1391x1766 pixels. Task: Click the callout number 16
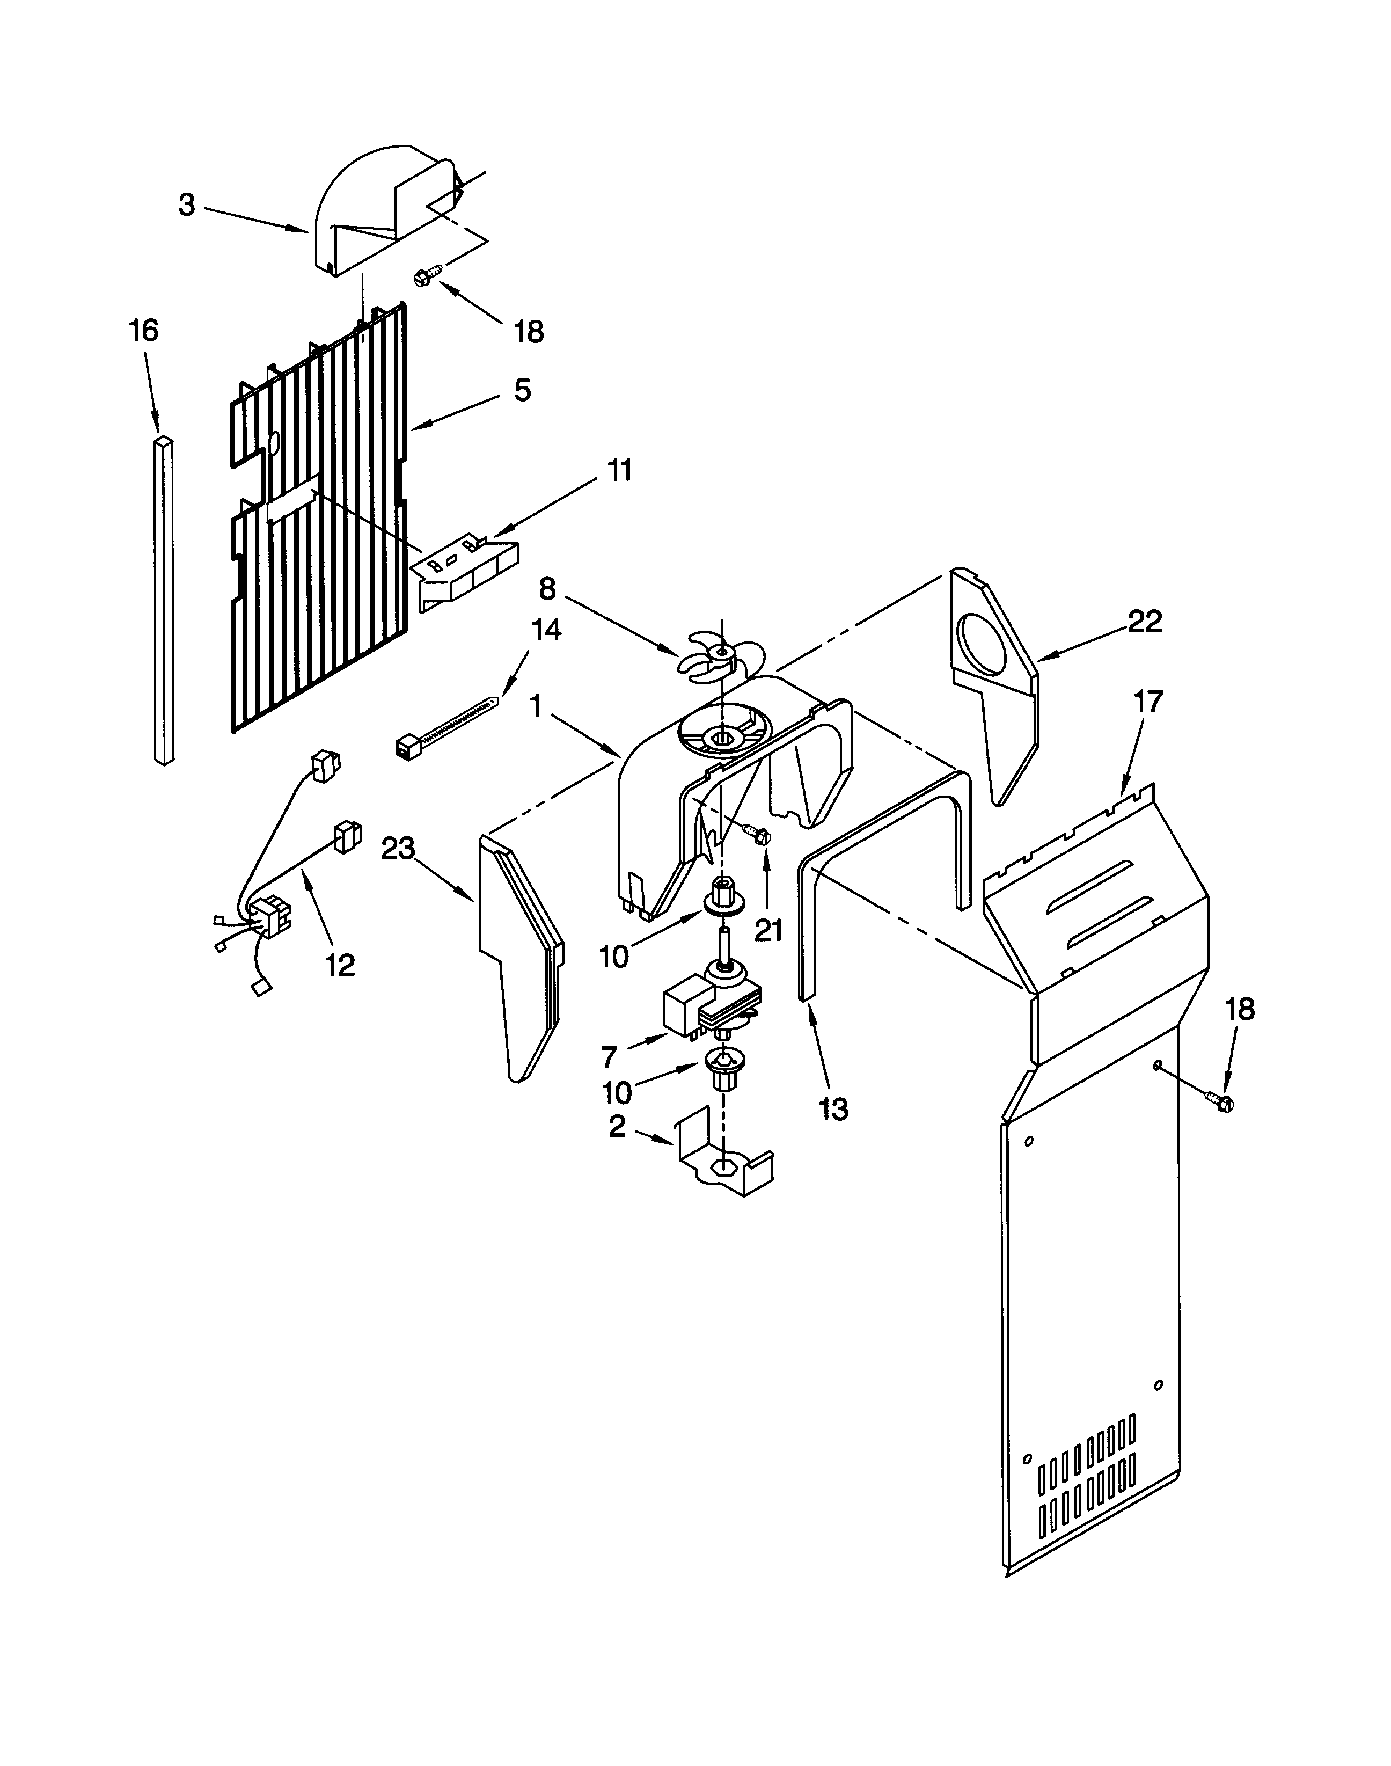(143, 331)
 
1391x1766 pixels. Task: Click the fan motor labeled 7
(702, 1004)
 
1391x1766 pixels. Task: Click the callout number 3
(187, 205)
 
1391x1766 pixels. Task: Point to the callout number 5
(522, 390)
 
